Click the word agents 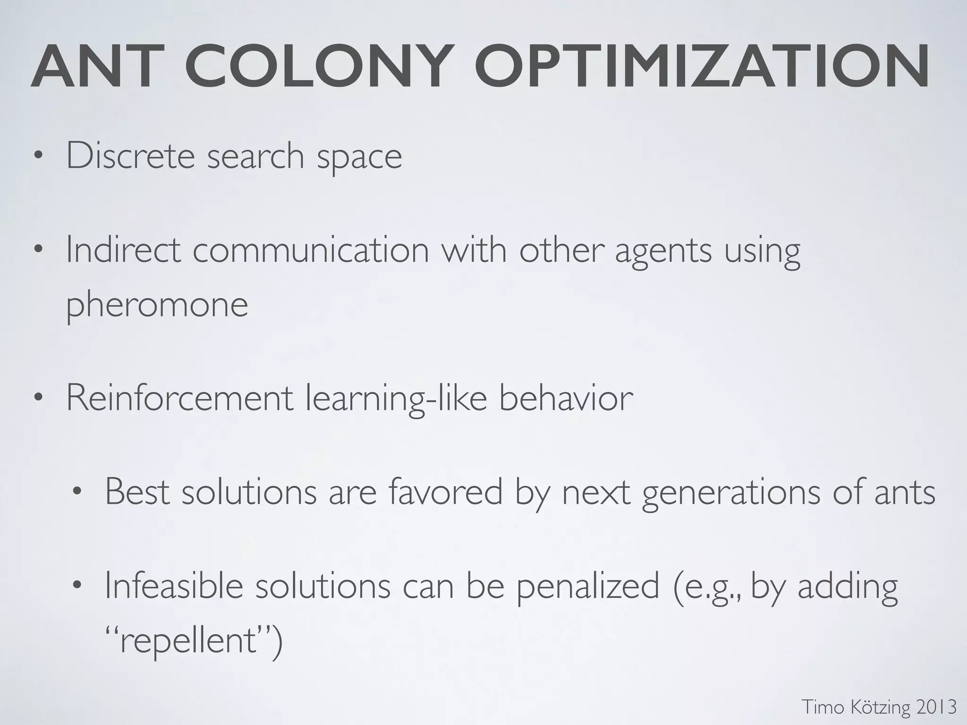663,253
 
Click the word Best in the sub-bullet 137,492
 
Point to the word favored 446,492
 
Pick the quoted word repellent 189,642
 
